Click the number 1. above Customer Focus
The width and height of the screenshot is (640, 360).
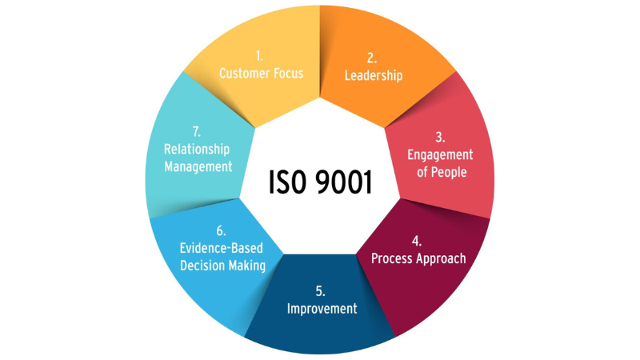coord(259,56)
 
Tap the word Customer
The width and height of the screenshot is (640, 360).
coord(244,74)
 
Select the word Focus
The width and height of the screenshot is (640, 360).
coord(287,74)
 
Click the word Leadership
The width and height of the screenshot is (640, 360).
coord(374,75)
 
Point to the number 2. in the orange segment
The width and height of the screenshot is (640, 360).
coord(372,58)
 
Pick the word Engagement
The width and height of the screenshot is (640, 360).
coord(440,155)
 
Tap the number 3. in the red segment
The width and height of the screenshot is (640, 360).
coord(440,137)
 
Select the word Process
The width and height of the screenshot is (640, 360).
coord(391,258)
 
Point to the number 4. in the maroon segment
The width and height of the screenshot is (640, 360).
coord(416,241)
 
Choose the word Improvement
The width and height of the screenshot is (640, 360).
coord(322,309)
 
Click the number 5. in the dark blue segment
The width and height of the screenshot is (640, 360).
coord(321,291)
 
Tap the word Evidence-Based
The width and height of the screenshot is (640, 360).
coord(222,248)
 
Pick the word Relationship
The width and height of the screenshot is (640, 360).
coord(197,150)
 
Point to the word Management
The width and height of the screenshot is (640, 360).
coord(198,166)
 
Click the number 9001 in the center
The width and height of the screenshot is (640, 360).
coord(344,182)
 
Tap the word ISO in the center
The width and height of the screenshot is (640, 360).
coord(287,182)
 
